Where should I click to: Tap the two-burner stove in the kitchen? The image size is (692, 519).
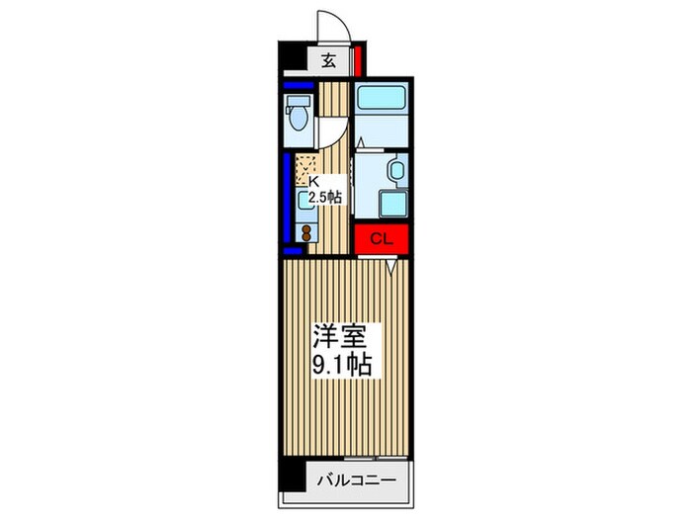point(305,234)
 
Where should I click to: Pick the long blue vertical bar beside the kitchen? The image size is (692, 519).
point(287,197)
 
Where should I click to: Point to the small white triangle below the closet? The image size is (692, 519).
point(392,266)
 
